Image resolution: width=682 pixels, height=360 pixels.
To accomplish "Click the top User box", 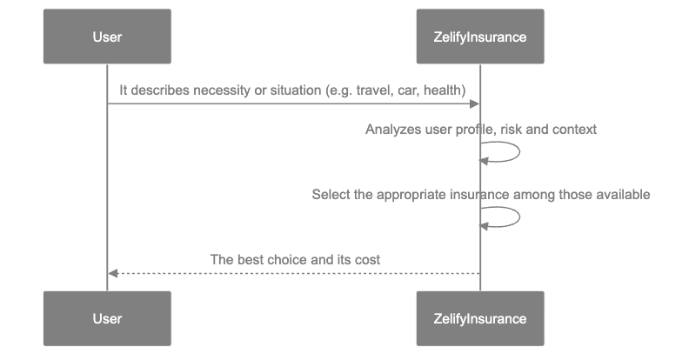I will coord(107,37).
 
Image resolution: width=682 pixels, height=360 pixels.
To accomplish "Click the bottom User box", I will coord(107,319).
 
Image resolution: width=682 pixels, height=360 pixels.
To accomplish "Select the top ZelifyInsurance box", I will coord(480,37).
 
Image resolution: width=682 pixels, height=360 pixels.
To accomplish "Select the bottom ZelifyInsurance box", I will coord(480,319).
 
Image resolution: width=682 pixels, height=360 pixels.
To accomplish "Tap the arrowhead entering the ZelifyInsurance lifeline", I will coord(474,104).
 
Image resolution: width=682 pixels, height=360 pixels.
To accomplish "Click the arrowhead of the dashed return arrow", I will coord(113,273).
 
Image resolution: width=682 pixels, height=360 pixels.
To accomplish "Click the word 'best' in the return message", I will coord(251,259).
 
